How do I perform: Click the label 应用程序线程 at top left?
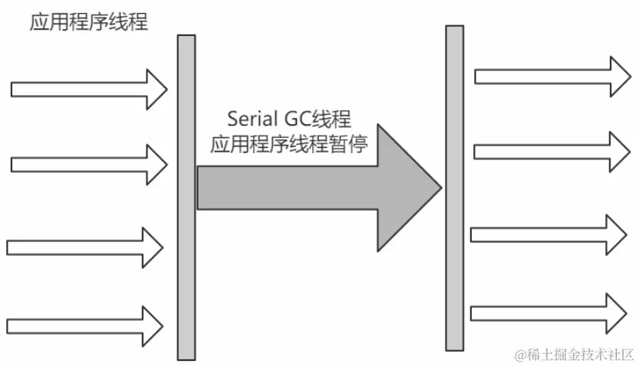pos(88,22)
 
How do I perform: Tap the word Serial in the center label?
pos(253,120)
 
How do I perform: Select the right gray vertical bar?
pos(454,188)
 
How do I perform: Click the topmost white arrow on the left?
pos(88,89)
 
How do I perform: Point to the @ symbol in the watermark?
pos(522,354)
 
